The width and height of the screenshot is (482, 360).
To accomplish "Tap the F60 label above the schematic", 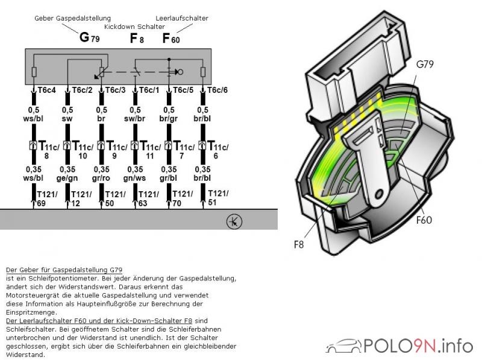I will click(171, 39).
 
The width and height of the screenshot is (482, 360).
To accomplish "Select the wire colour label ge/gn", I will click(66, 177).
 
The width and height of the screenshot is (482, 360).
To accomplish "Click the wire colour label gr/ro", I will click(101, 177).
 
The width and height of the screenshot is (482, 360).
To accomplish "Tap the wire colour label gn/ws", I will click(134, 177).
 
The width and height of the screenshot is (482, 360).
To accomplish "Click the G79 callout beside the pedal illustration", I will click(425, 63).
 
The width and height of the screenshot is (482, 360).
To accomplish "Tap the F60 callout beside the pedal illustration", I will click(424, 220).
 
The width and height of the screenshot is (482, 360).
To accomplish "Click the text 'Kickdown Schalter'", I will click(134, 27).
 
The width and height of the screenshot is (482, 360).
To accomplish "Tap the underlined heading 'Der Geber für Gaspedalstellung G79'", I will click(58, 270).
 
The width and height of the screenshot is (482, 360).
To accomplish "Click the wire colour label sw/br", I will click(134, 119).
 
